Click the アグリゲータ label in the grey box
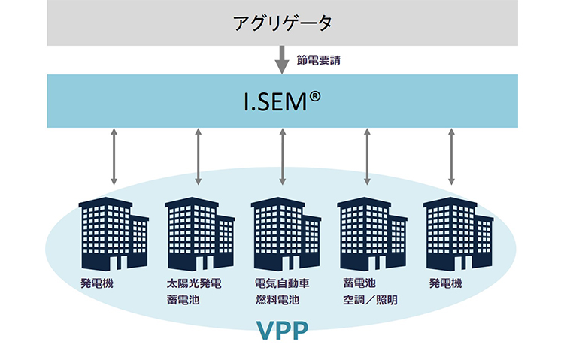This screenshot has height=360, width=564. coord(282,23)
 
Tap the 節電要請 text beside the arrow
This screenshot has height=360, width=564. coord(319,59)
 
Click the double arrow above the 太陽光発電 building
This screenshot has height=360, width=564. coord(198,156)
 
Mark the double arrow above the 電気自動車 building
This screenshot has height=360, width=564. coord(283,156)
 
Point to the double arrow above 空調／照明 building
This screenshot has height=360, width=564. coord(367,156)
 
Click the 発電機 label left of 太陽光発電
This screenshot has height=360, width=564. coord(97,284)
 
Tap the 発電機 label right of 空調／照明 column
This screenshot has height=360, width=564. coord(445,284)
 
